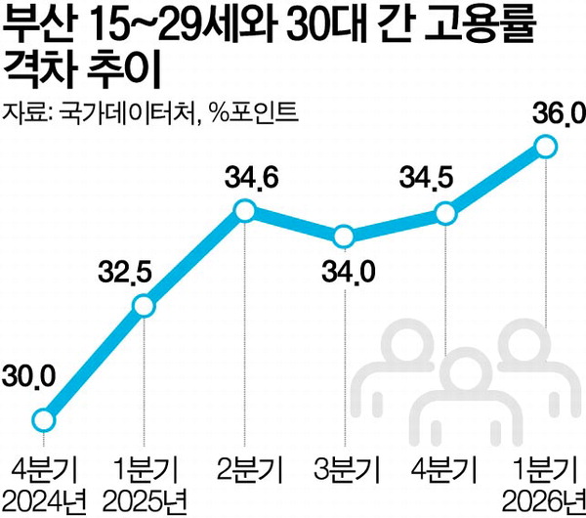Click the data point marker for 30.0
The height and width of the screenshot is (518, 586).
click(44, 419)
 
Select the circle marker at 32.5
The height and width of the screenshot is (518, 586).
click(144, 306)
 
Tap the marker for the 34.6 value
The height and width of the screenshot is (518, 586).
click(244, 211)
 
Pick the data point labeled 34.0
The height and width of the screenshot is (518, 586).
click(344, 237)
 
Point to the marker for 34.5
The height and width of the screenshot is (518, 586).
click(446, 214)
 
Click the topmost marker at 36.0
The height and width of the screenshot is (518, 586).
click(546, 148)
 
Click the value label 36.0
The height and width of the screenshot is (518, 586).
click(559, 113)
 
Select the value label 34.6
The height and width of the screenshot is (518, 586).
click(252, 178)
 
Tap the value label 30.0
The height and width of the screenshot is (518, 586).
click(28, 377)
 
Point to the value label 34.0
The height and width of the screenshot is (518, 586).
click(349, 272)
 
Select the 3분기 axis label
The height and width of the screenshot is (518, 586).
click(347, 468)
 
